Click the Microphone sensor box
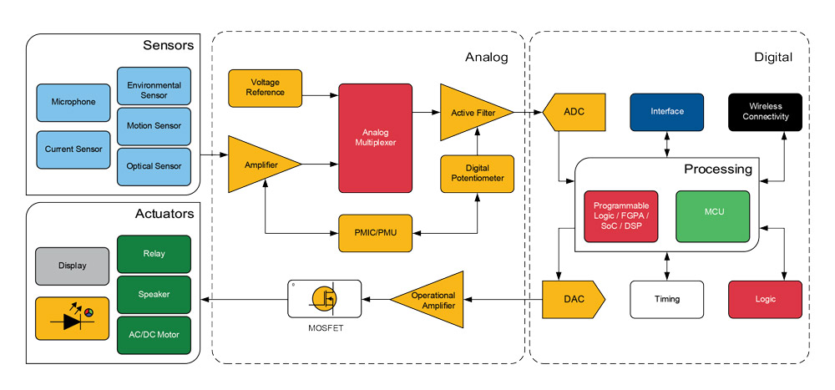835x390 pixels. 73,103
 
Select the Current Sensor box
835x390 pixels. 73,149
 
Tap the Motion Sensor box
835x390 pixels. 154,126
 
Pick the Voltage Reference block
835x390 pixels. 265,87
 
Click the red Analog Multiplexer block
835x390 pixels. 375,137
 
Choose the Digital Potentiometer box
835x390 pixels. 477,173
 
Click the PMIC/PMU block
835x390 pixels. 375,231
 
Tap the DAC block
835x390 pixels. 571,299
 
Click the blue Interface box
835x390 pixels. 666,112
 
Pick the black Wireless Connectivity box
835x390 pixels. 765,112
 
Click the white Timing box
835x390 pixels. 666,299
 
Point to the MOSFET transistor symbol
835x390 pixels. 324,299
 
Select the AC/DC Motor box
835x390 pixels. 154,335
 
